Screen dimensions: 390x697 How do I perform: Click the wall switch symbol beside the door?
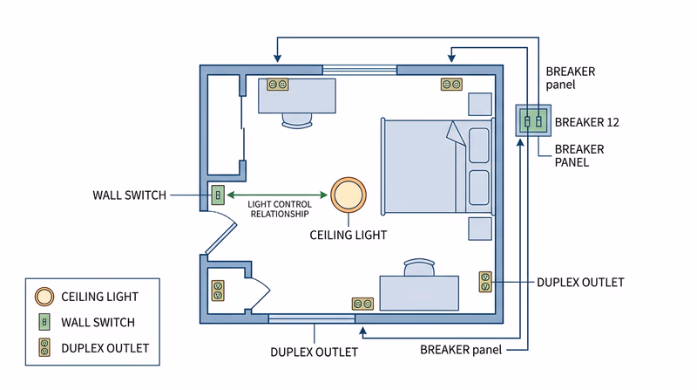click(218, 195)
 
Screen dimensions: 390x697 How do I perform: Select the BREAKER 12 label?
click(586, 121)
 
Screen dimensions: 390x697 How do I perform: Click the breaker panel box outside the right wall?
click(532, 120)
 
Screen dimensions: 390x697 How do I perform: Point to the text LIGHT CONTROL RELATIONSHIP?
click(279, 209)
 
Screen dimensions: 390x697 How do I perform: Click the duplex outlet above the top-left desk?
click(278, 85)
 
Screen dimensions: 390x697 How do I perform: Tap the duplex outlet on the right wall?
click(485, 282)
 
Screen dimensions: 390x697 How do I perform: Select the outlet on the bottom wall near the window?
click(362, 304)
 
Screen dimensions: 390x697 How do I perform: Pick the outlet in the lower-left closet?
click(217, 290)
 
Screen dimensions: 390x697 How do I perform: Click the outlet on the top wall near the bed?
click(451, 85)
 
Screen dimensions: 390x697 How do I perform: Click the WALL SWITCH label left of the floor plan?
click(129, 195)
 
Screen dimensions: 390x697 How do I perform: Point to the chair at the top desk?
click(296, 121)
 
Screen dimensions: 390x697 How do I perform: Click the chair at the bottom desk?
click(418, 267)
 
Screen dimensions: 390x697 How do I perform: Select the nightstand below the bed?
click(479, 229)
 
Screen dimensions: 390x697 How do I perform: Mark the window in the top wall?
click(360, 69)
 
